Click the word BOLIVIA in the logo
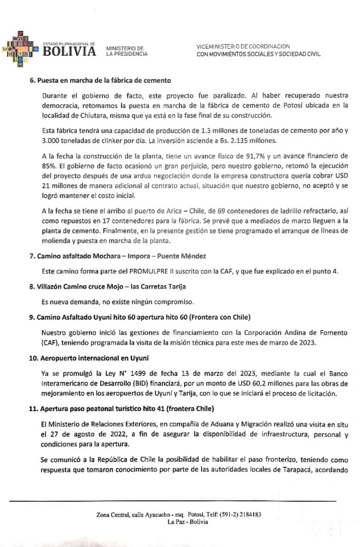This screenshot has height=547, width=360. coord(70,52)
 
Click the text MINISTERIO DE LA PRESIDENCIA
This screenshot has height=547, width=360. coord(126,51)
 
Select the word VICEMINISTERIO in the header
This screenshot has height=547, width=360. coord(218,46)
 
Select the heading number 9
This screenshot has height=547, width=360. coord(32,316)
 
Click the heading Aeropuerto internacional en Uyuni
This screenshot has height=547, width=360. coord(97,357)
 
